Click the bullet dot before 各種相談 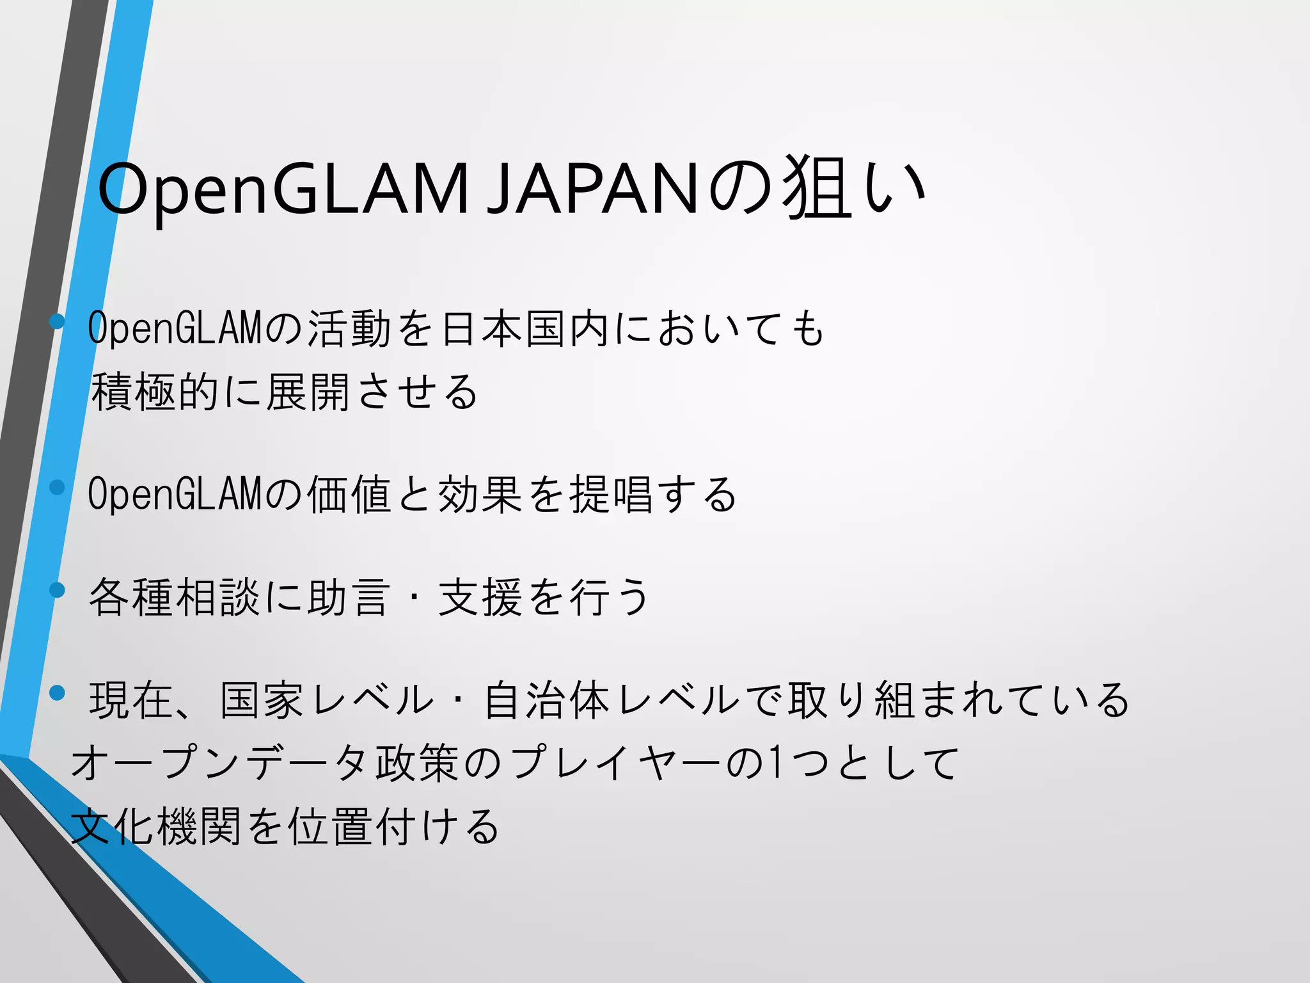pos(58,589)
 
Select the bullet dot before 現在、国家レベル pos(58,692)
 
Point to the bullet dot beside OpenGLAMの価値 pos(58,487)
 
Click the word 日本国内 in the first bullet pos(525,329)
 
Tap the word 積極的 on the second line pos(156,392)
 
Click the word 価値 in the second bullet pos(349,495)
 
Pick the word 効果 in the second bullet pos(480,495)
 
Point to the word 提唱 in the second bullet pos(612,495)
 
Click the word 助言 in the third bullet pos(349,597)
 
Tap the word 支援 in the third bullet pos(480,597)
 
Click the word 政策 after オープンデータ pos(417,763)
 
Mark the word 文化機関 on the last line pos(156,826)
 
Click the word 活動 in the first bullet pos(349,329)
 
